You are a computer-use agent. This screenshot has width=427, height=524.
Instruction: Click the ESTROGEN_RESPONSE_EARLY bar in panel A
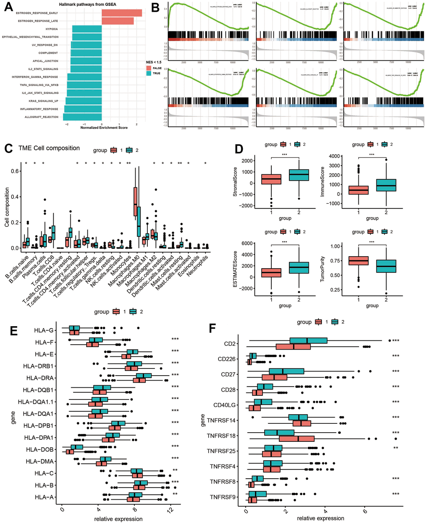tap(121, 13)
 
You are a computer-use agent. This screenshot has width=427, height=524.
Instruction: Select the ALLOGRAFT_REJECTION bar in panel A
tap(82, 117)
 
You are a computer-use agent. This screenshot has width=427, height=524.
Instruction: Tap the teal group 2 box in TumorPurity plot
tap(386, 266)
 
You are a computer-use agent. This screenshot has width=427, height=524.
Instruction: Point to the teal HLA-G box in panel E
tap(74, 327)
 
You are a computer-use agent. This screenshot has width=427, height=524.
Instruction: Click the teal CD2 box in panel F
tap(308, 340)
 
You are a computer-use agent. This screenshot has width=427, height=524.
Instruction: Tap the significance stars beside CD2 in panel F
tap(396, 341)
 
